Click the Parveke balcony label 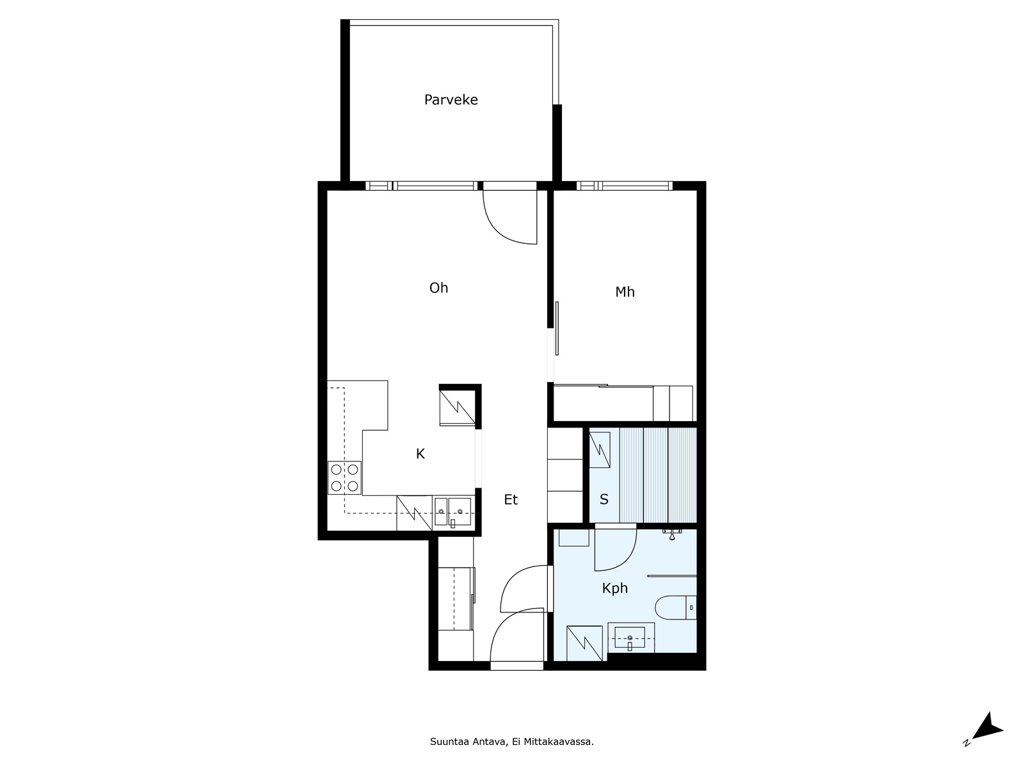(451, 100)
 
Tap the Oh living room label (438, 288)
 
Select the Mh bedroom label (625, 292)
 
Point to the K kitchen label (420, 454)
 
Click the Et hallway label (511, 500)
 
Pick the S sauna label (604, 499)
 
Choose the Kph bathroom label (614, 588)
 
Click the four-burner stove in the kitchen (344, 477)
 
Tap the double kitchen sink (452, 511)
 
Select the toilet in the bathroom (675, 607)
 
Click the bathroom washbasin (630, 637)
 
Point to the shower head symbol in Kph (672, 534)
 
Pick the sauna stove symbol (600, 449)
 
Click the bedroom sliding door (557, 328)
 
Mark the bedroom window (625, 186)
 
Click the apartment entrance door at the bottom (517, 666)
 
